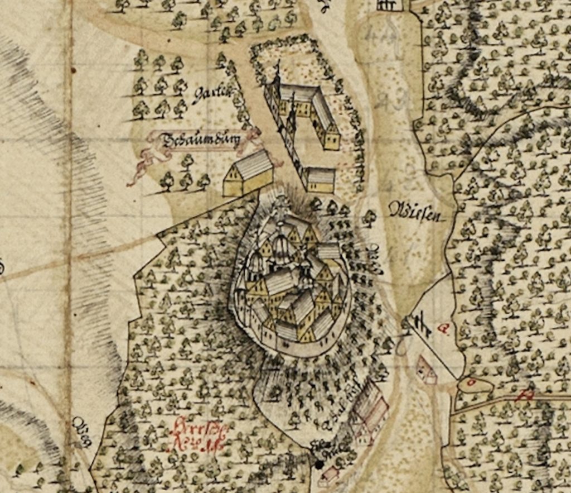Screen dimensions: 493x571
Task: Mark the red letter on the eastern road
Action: click(524, 396)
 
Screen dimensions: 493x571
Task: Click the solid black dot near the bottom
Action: click(319, 464)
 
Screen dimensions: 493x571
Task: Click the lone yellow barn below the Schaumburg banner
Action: click(248, 173)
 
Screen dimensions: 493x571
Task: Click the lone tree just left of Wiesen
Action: click(368, 217)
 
